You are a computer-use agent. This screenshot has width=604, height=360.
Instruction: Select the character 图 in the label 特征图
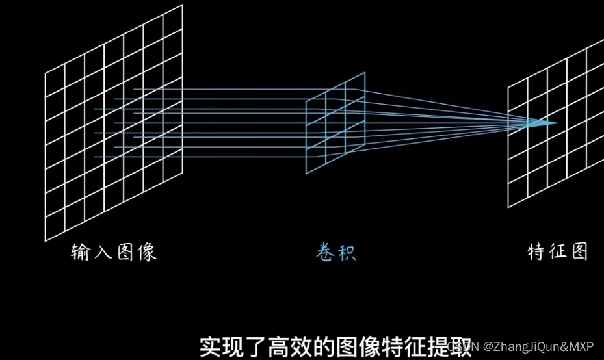[579, 252]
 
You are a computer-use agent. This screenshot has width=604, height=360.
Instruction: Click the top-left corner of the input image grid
[46, 73]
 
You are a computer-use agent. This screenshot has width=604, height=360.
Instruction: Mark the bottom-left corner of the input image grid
[46, 240]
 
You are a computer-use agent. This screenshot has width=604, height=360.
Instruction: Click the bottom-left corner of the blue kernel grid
[306, 174]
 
